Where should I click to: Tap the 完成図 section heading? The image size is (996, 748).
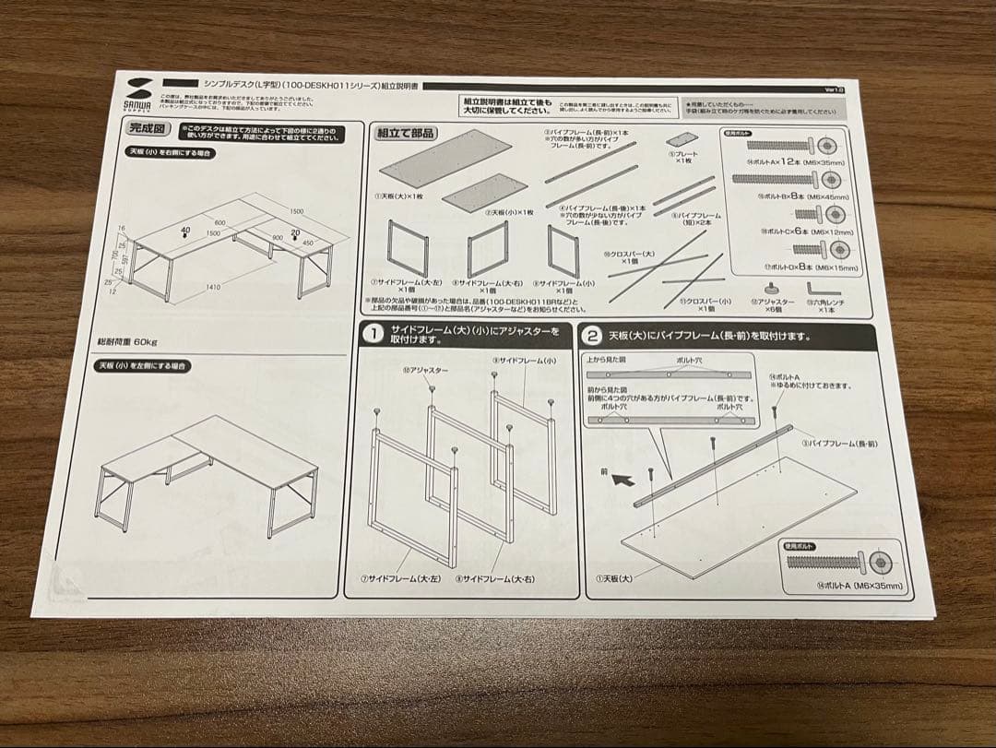(147, 130)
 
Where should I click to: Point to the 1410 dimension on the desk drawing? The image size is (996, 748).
(213, 287)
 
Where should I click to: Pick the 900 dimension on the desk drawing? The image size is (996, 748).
(277, 237)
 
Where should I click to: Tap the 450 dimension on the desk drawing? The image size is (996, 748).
(307, 243)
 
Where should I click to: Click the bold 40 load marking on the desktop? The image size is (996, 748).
(186, 230)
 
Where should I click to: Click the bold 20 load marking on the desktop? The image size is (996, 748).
(295, 232)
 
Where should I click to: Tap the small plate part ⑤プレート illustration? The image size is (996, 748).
(683, 141)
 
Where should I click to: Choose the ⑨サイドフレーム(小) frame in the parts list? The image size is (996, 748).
(562, 250)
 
